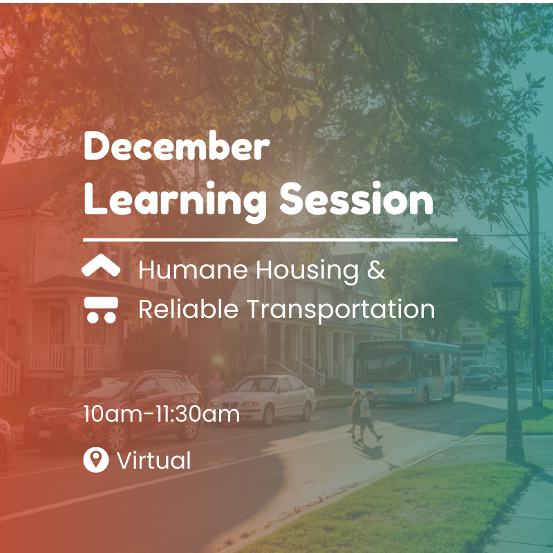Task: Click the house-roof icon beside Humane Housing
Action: (x=101, y=267)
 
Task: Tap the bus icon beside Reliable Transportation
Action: (x=101, y=309)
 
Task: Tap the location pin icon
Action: (x=95, y=460)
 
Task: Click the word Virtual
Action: (x=153, y=460)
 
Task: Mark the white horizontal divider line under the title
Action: (x=270, y=240)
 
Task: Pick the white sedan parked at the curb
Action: (x=264, y=399)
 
